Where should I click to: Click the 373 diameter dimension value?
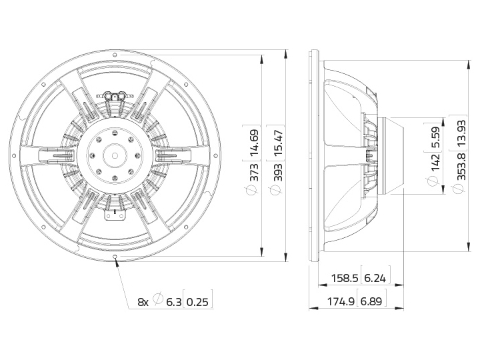click(x=255, y=173)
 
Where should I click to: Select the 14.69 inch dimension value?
click(x=255, y=143)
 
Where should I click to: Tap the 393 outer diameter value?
click(x=279, y=173)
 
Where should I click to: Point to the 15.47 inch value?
click(x=279, y=143)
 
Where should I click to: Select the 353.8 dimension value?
click(x=460, y=167)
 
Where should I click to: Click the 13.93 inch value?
click(x=460, y=133)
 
